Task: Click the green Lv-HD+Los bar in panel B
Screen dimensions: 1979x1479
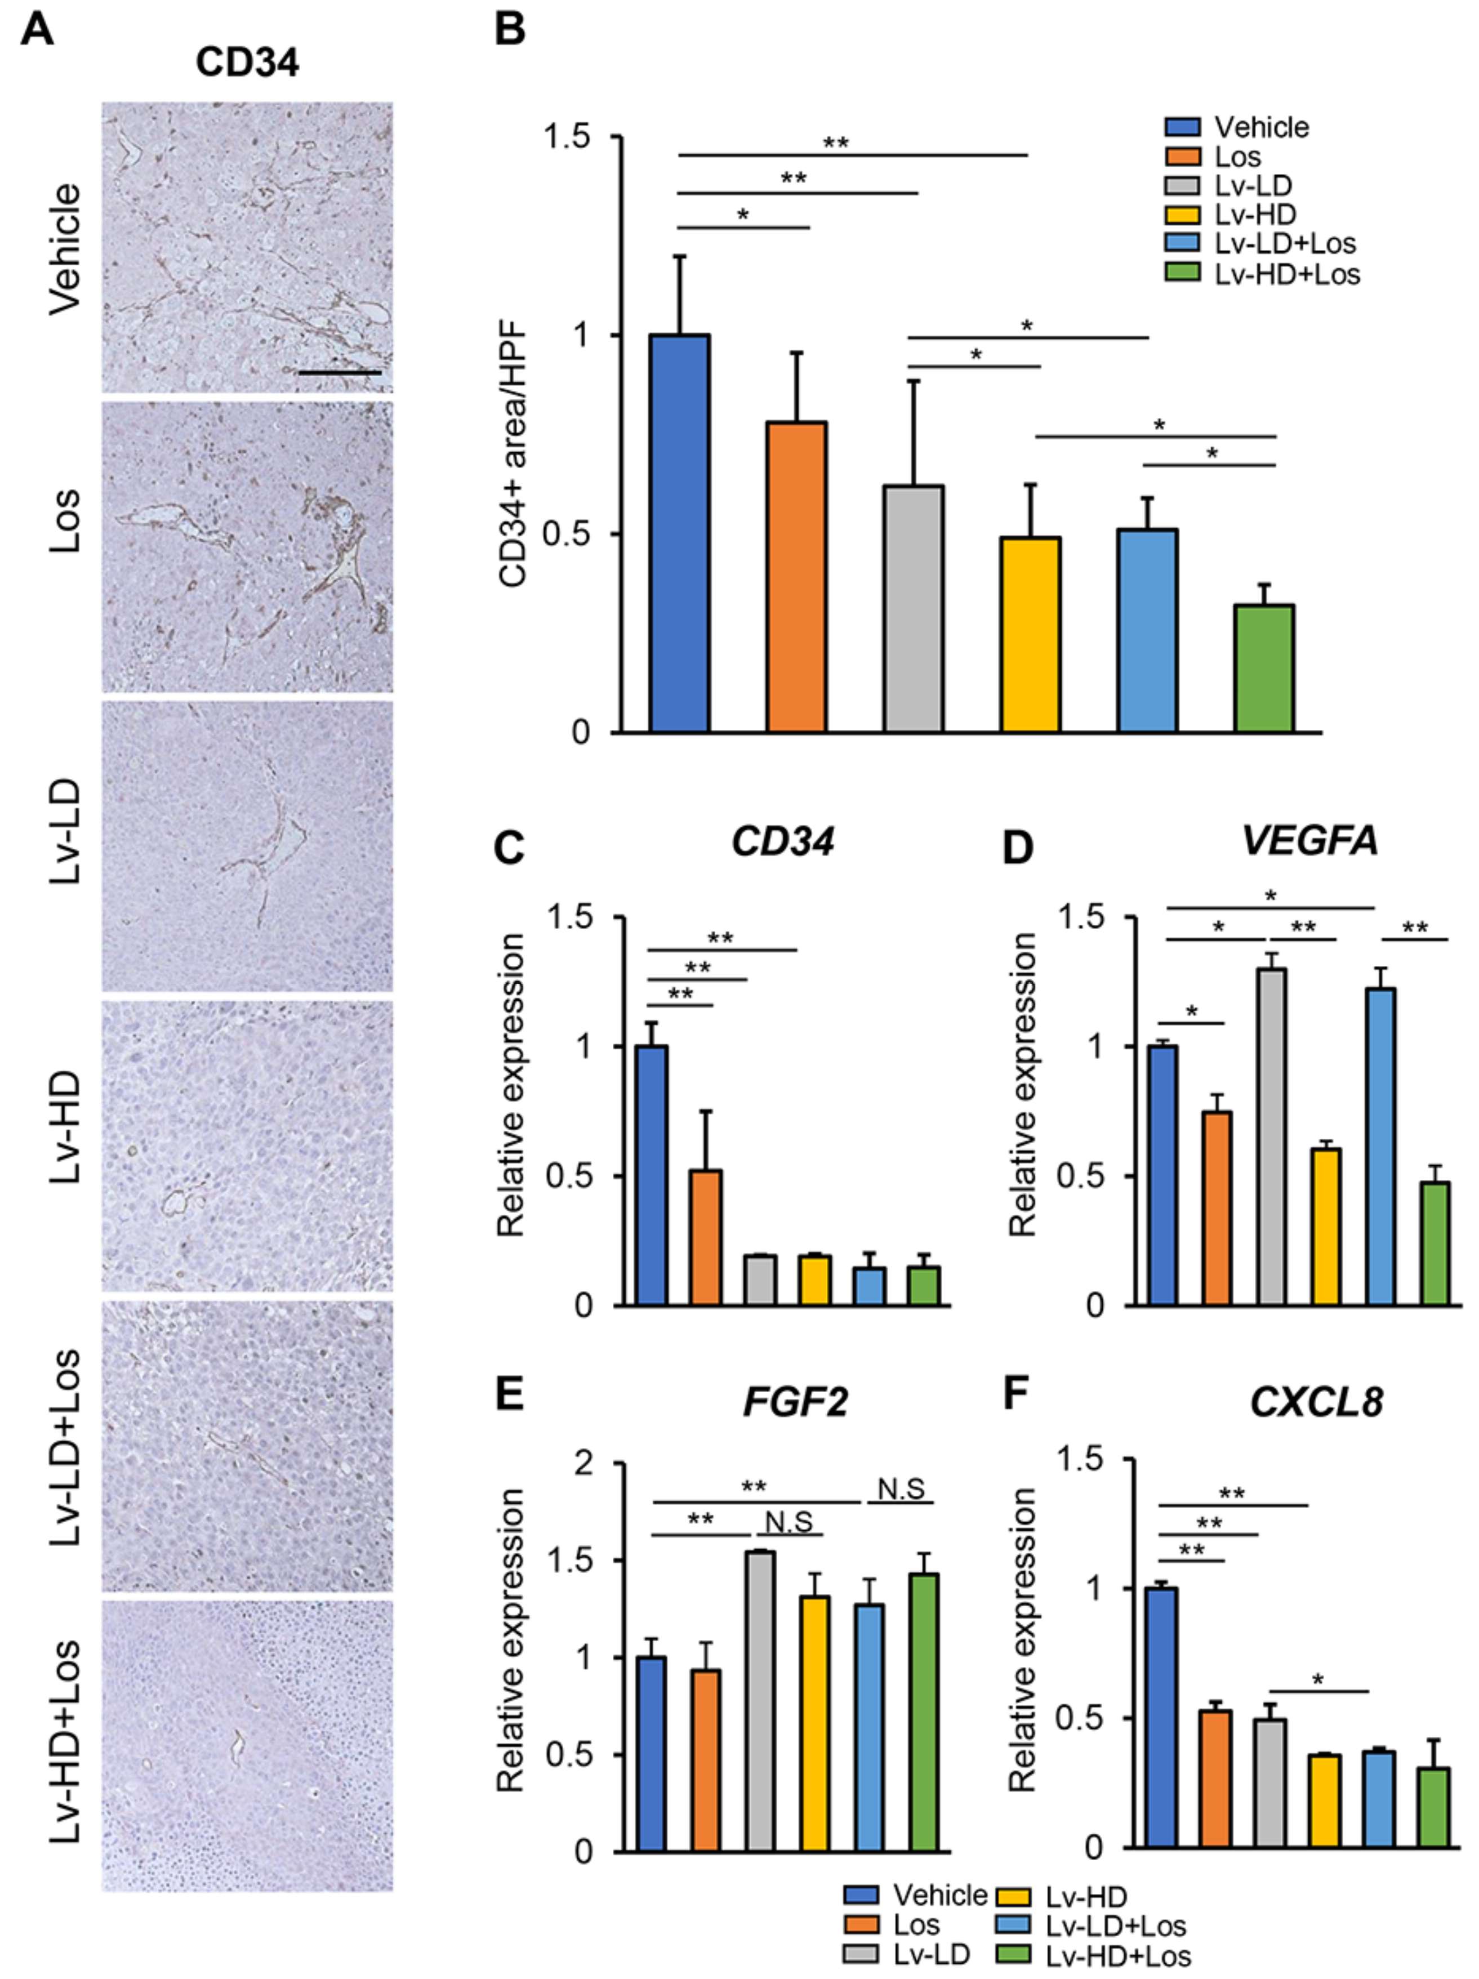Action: [x=1263, y=669]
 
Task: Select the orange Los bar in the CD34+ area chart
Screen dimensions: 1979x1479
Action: [x=795, y=577]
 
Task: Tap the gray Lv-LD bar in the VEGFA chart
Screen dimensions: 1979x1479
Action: [x=1271, y=1137]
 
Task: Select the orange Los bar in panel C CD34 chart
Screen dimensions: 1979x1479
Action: [x=705, y=1238]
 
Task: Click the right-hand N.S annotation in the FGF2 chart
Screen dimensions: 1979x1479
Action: [x=900, y=1490]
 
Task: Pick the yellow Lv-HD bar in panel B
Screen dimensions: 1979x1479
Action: [x=1031, y=634]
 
